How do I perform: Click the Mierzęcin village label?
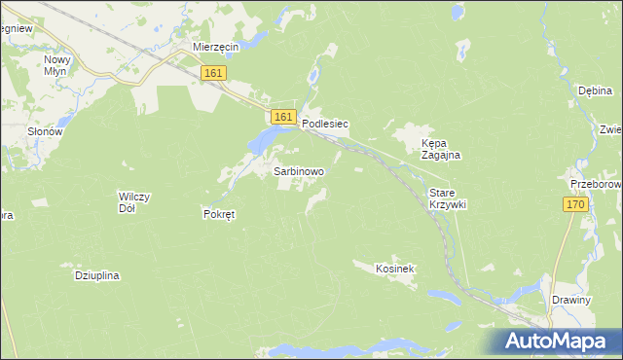pos(216,46)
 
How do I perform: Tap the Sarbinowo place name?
pos(299,170)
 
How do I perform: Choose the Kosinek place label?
pos(396,267)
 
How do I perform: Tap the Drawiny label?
pos(570,300)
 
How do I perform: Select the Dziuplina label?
pos(96,275)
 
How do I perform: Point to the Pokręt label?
pos(219,214)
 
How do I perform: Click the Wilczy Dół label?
pos(133,202)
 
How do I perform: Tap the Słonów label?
pos(45,131)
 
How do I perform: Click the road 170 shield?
pos(575,204)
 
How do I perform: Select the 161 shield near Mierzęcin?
pos(214,73)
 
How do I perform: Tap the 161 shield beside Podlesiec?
pos(283,117)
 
